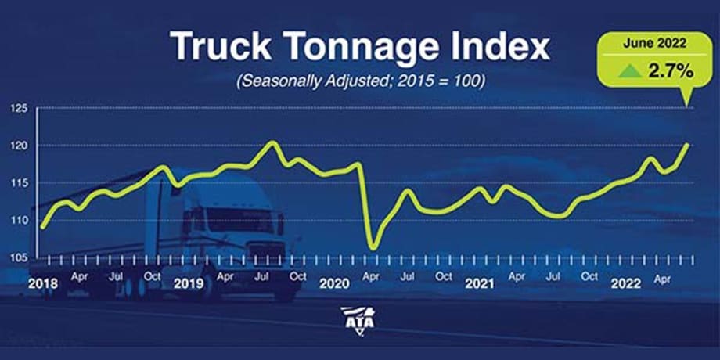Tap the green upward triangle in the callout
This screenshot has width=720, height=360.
click(x=625, y=72)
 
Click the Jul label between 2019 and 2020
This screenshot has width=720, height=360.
click(x=261, y=275)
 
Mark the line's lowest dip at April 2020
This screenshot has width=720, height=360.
click(x=373, y=248)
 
